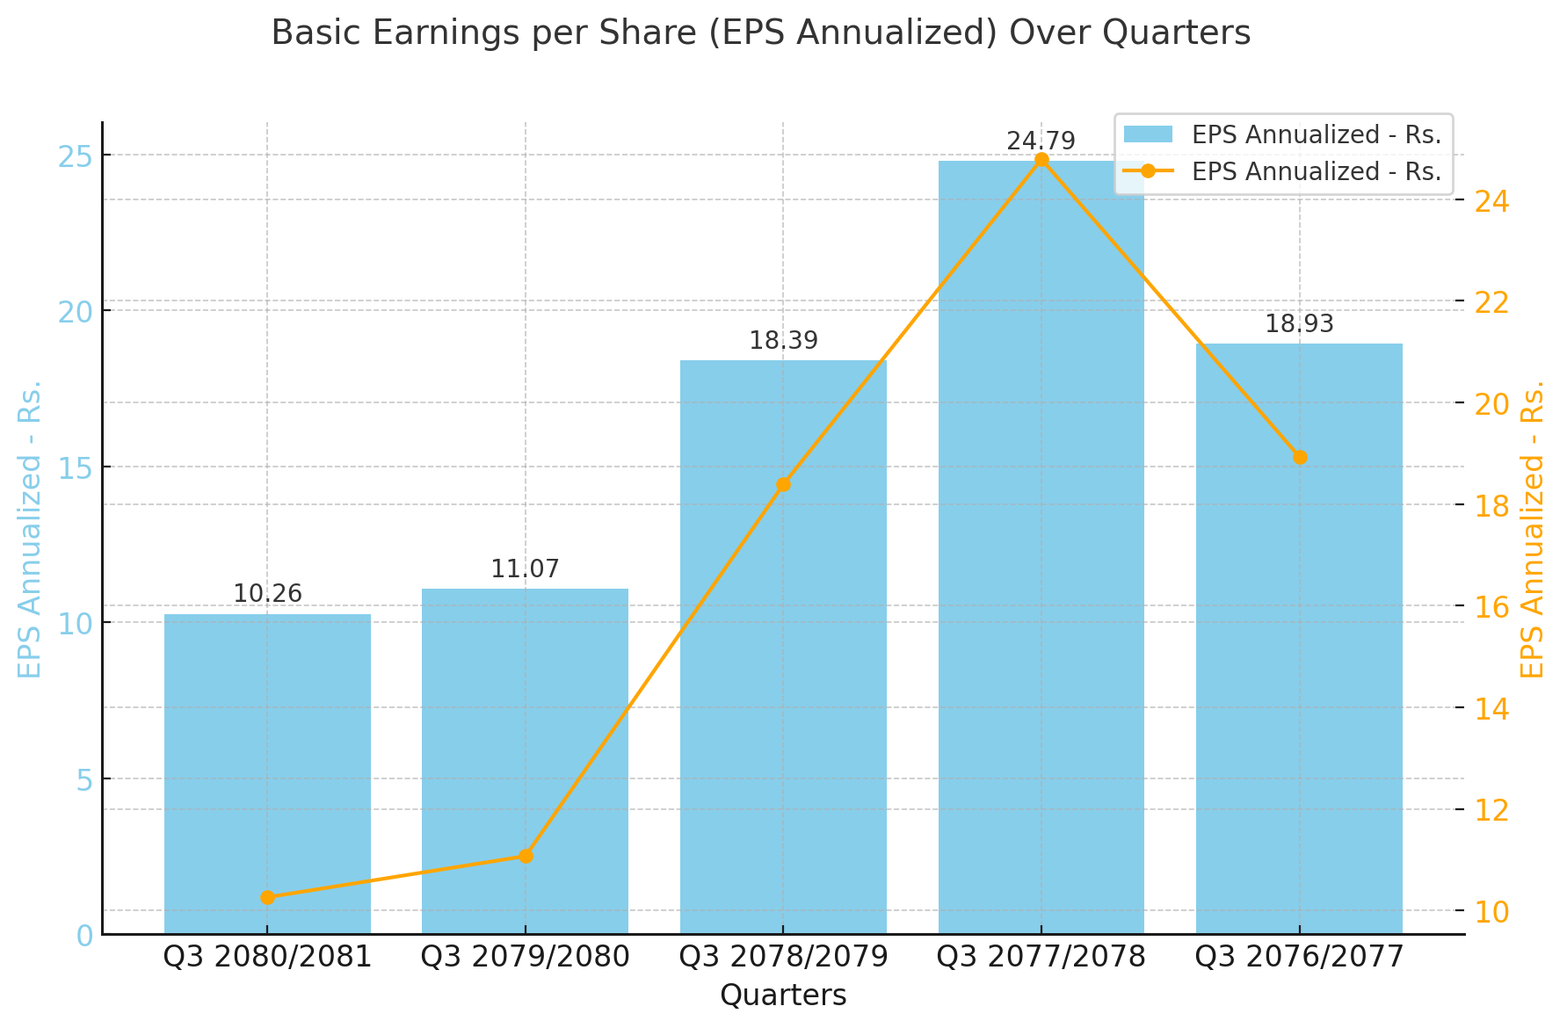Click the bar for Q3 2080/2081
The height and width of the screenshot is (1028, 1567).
point(267,773)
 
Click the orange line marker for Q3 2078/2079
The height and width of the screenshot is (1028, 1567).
point(783,484)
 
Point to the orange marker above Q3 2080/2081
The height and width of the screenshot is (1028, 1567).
point(267,897)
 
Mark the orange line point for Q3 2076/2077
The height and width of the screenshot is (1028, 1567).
point(1300,457)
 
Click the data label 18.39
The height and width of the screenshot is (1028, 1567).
point(783,341)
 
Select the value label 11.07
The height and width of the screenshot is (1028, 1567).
point(525,569)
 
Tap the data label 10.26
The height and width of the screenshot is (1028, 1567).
point(267,594)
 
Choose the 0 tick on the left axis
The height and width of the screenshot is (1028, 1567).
point(84,936)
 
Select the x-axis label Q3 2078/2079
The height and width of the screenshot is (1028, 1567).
point(783,957)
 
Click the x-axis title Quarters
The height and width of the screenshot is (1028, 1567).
point(783,995)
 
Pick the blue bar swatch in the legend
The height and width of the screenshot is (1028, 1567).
point(1147,134)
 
